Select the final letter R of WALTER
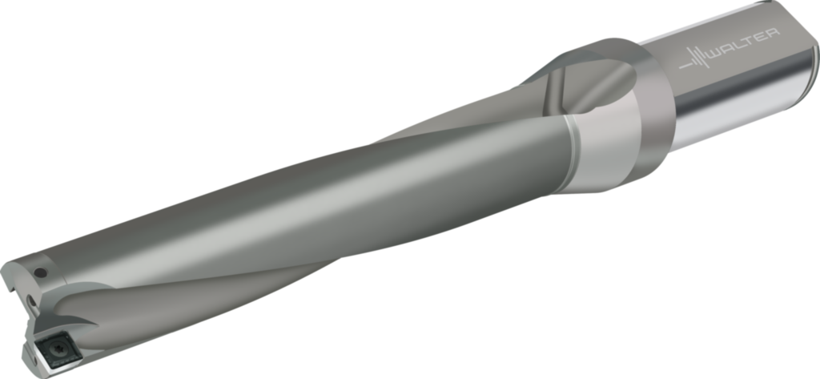774,33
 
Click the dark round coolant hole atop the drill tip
40,272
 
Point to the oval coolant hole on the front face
32,301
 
